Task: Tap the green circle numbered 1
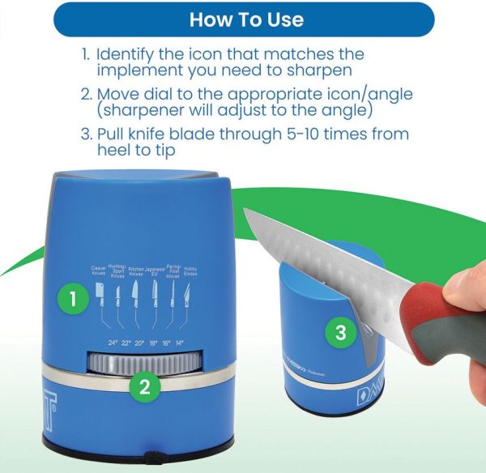pos(74,299)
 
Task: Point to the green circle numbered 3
pos(340,331)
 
